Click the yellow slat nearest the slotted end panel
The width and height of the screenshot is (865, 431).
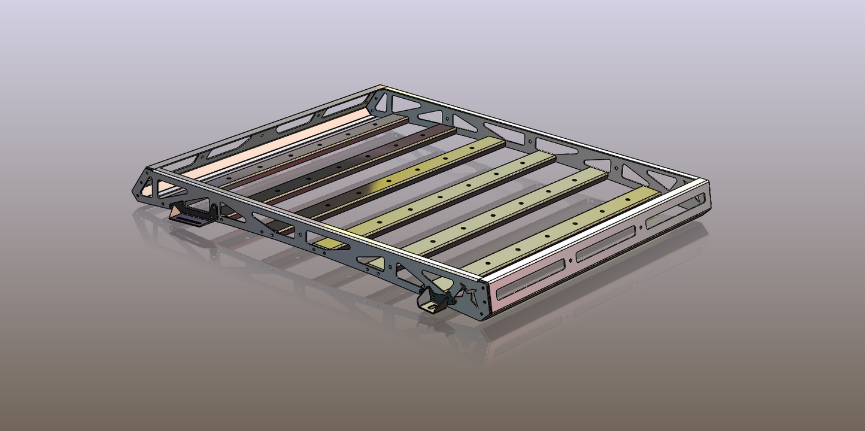[563, 227]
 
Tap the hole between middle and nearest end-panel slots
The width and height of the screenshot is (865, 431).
[570, 261]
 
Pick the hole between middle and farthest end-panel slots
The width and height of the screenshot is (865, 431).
[641, 228]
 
